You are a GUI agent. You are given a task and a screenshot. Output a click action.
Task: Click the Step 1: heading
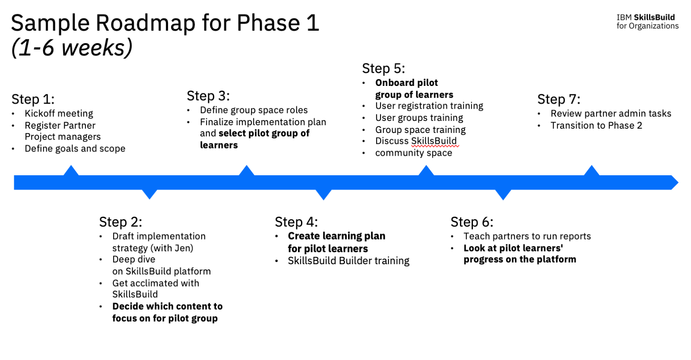click(33, 99)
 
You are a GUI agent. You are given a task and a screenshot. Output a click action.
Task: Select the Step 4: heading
click(296, 222)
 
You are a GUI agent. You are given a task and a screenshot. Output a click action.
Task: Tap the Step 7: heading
click(558, 99)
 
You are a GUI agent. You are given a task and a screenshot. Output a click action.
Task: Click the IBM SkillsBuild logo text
click(647, 22)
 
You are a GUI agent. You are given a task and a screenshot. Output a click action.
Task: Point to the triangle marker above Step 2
click(149, 194)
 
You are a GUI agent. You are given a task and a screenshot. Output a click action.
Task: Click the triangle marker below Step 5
click(426, 171)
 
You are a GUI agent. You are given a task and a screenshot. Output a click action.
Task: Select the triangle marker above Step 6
click(503, 194)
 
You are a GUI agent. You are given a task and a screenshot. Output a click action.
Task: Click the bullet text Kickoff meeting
click(59, 114)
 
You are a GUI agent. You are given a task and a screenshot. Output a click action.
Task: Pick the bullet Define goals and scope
click(75, 148)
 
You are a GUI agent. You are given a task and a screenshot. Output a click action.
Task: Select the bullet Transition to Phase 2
click(596, 126)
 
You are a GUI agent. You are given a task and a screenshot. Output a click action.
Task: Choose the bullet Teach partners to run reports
click(527, 236)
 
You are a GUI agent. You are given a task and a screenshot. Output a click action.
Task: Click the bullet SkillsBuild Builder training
click(349, 261)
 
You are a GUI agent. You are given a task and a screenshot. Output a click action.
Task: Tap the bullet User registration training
click(429, 106)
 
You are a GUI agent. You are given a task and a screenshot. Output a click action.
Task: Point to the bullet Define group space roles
click(254, 110)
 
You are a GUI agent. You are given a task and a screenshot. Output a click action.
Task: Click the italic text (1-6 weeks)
click(72, 47)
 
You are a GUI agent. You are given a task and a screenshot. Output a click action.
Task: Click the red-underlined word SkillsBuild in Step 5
click(434, 141)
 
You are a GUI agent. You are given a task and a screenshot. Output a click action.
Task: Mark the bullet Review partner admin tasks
click(611, 114)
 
